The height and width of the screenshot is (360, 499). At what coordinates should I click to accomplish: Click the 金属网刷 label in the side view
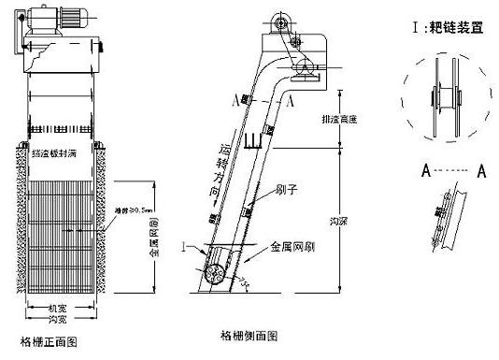(x=291, y=249)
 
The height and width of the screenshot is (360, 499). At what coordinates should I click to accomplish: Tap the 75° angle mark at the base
(x=245, y=281)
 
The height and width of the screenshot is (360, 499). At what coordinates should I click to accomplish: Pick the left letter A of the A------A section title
(x=424, y=171)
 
